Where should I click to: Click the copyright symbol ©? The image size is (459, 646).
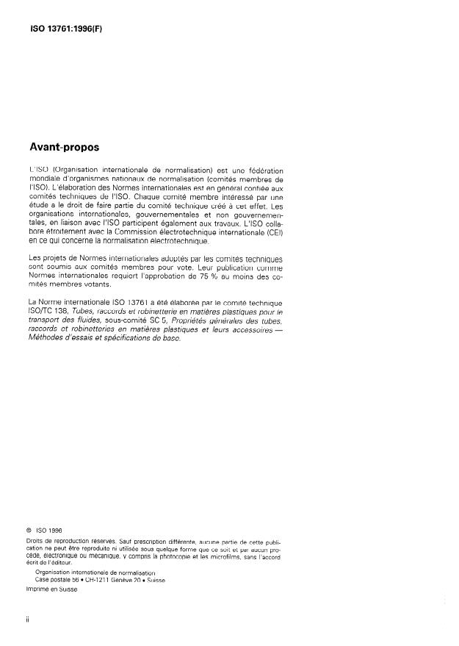[x=29, y=527]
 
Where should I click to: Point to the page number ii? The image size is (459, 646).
[x=27, y=620]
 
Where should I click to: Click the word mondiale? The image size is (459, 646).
[x=44, y=179]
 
